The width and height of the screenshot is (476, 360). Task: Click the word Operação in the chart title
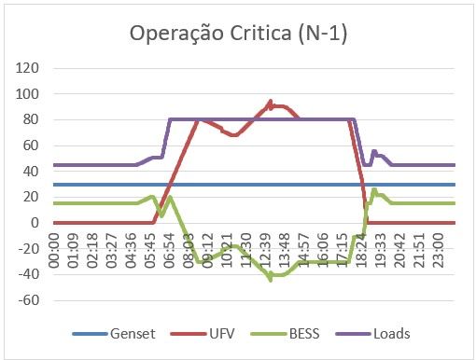(x=176, y=34)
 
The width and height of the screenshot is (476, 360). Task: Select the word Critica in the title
(x=260, y=33)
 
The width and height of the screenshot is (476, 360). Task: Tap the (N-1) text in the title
(x=322, y=34)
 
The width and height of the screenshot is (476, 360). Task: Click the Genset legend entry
(x=114, y=334)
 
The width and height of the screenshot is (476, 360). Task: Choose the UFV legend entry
(x=203, y=334)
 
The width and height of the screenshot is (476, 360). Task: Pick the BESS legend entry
(x=285, y=334)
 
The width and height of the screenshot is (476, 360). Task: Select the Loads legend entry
(x=372, y=334)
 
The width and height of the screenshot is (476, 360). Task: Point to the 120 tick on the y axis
(x=27, y=68)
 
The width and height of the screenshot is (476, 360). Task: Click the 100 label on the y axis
(x=27, y=93)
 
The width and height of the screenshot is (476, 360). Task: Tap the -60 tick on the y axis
(x=29, y=300)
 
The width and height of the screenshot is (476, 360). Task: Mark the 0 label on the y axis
(x=35, y=223)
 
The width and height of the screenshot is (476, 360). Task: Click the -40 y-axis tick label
(x=29, y=274)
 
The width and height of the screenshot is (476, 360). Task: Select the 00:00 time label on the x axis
(x=54, y=251)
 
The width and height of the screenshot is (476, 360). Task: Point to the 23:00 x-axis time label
(x=439, y=251)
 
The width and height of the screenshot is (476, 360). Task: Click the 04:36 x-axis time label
(x=131, y=251)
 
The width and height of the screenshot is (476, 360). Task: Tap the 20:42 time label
(x=400, y=251)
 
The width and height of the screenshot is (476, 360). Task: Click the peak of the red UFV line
(x=271, y=101)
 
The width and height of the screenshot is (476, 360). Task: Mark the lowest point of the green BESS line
(x=271, y=280)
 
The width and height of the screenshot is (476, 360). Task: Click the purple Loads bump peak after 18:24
(x=374, y=151)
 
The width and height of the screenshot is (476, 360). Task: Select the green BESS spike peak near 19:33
(x=374, y=189)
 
